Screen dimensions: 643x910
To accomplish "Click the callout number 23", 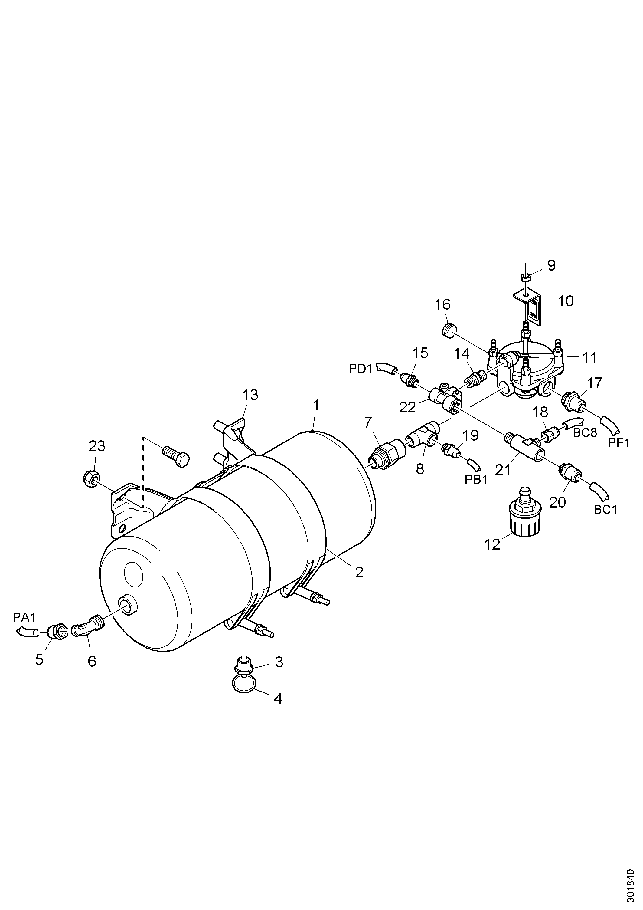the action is [x=97, y=446].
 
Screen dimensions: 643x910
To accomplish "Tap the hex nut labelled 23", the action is [x=90, y=479].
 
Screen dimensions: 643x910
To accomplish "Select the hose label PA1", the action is [x=24, y=617].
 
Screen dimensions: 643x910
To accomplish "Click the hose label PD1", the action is [x=361, y=369].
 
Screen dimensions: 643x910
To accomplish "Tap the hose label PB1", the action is [x=476, y=480].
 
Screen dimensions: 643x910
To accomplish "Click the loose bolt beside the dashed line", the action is [x=176, y=457].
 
